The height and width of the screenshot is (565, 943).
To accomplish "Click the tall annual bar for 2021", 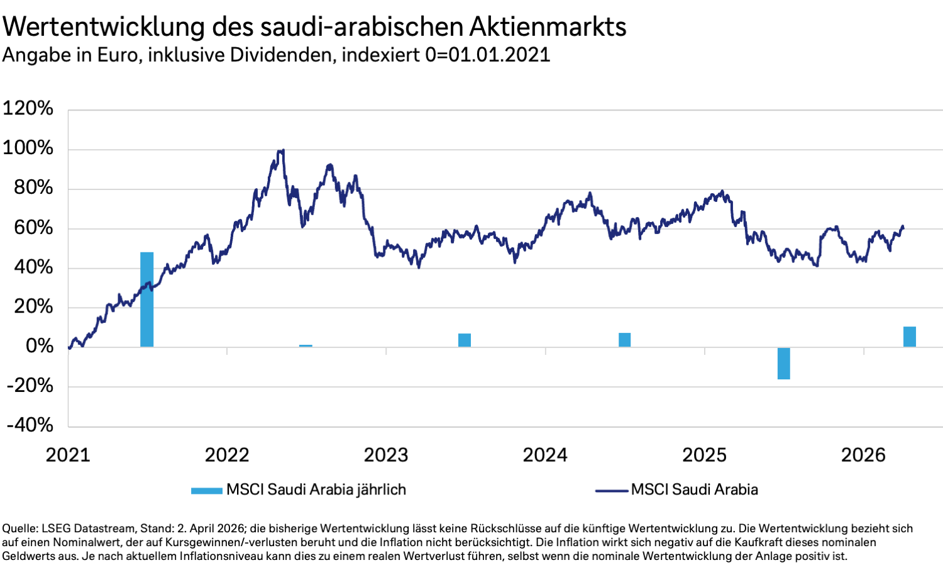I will (146, 299).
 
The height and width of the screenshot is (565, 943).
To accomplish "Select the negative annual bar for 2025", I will (783, 363).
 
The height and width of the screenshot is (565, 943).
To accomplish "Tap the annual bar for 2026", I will (909, 337).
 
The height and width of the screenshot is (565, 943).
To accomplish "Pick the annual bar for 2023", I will (465, 340).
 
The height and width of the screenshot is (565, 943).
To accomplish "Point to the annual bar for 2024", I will (624, 340).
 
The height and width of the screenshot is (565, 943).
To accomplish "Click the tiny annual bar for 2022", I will (306, 345).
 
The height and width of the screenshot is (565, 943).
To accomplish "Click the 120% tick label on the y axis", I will (28, 108).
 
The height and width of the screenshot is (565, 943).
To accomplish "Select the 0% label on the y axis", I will (40, 346).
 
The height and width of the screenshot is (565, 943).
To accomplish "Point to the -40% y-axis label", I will (30, 425).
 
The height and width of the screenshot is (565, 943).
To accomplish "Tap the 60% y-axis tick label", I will (33, 227).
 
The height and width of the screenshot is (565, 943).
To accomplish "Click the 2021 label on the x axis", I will (68, 455).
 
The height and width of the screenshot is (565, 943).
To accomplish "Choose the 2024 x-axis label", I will (545, 455).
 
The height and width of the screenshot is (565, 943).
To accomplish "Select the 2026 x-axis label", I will (863, 455).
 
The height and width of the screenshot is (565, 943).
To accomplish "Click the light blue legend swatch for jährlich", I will (206, 491).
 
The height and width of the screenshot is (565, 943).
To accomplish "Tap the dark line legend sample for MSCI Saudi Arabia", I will (611, 491).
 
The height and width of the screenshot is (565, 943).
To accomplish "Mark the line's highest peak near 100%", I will (283, 150).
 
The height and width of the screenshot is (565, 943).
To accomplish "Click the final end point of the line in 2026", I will (903, 227).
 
